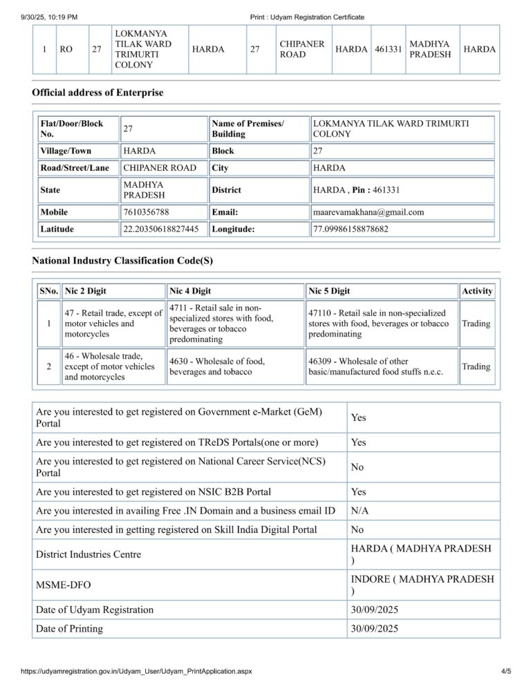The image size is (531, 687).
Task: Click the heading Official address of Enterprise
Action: (x=97, y=93)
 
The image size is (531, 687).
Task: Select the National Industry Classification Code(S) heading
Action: (x=122, y=261)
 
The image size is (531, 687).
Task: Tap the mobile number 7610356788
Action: (x=145, y=212)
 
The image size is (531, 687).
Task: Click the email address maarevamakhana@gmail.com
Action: (x=369, y=212)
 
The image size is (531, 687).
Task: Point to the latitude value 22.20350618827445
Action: (x=165, y=229)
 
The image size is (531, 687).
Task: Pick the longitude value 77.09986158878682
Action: (x=351, y=229)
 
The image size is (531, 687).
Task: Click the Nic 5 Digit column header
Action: (x=329, y=291)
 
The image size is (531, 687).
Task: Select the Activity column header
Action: (x=477, y=291)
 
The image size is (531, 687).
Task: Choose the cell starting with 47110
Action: (x=379, y=323)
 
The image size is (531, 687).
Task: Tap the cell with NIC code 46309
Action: (x=376, y=366)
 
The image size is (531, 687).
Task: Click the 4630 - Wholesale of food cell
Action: (x=216, y=366)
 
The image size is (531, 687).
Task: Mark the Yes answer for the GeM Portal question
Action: (x=359, y=417)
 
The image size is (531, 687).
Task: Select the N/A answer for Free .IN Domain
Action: (x=360, y=511)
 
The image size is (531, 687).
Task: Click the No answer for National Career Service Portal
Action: (x=357, y=467)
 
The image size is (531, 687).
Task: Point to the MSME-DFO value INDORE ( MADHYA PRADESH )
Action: (x=422, y=585)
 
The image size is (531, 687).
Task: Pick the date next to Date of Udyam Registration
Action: (x=375, y=610)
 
